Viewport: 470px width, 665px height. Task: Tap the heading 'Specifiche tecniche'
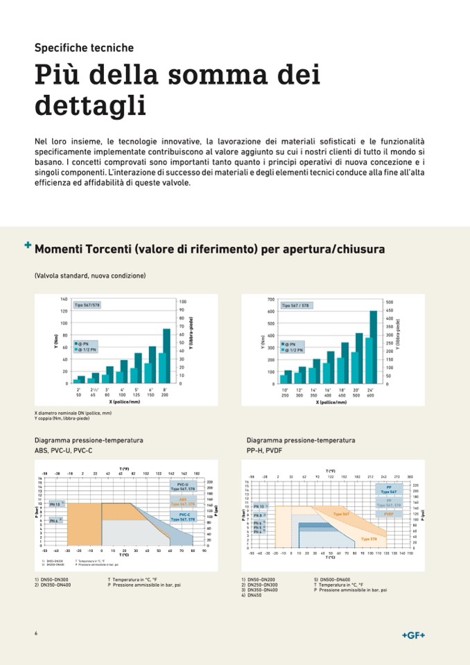84,48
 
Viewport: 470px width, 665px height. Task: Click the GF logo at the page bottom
413,635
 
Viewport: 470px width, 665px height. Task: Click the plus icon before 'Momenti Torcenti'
28,245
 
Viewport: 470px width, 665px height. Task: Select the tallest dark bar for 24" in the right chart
373,347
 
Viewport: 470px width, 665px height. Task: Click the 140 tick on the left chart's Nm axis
64,299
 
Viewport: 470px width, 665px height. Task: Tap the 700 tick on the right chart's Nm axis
270,299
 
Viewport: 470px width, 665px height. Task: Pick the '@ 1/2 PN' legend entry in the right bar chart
295,350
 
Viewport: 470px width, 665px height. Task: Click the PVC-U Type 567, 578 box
183,487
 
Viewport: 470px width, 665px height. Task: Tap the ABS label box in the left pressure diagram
183,501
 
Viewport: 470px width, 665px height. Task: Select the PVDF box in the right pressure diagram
389,514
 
